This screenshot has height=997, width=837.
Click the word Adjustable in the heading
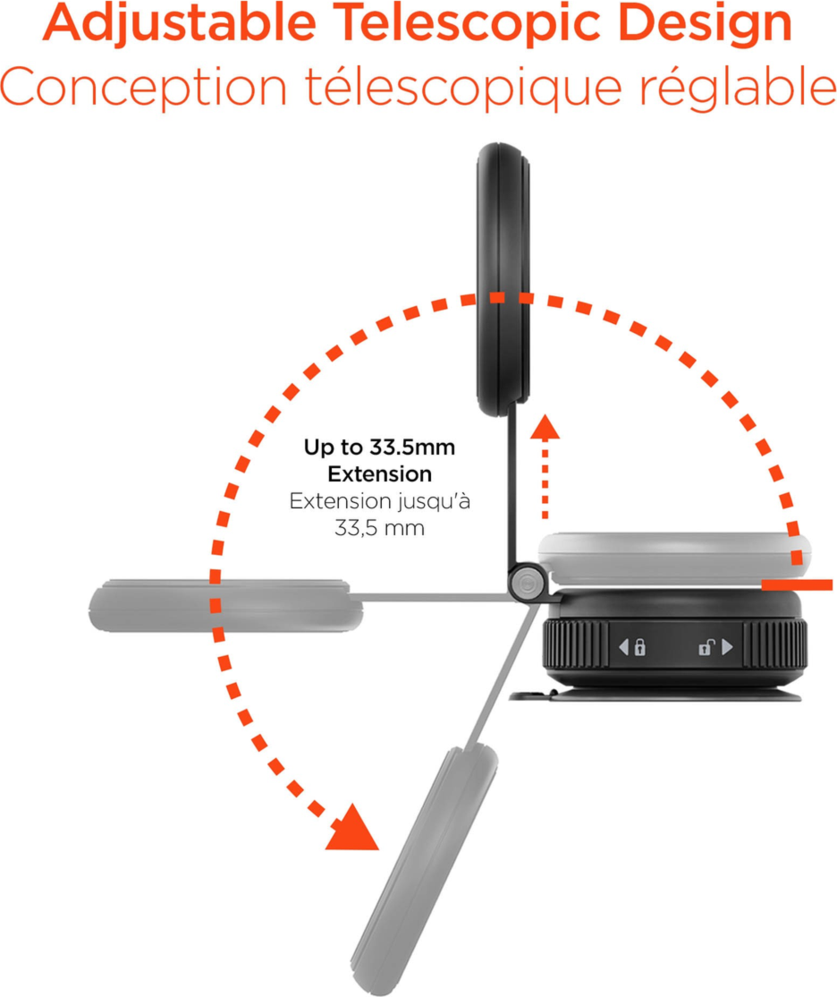(x=180, y=24)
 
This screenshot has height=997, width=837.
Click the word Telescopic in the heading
(x=468, y=24)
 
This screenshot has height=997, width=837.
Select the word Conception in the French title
(x=144, y=87)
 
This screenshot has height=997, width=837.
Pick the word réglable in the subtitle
(x=737, y=87)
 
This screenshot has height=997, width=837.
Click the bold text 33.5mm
(x=412, y=447)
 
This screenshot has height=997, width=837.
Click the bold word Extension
(x=379, y=473)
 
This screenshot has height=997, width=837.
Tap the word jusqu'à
(x=434, y=502)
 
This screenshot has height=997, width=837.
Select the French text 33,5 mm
(x=379, y=528)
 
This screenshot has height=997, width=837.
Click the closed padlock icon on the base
(x=640, y=647)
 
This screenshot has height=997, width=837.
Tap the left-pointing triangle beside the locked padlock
(x=623, y=647)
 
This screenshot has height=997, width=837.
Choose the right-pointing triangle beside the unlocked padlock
(x=728, y=647)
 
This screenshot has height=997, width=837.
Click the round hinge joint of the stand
(x=527, y=582)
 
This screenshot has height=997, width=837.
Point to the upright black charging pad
(x=503, y=280)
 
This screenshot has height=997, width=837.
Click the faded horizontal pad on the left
(x=225, y=605)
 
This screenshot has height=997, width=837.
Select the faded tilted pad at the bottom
(x=426, y=870)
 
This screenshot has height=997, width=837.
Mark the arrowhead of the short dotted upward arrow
(x=545, y=427)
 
